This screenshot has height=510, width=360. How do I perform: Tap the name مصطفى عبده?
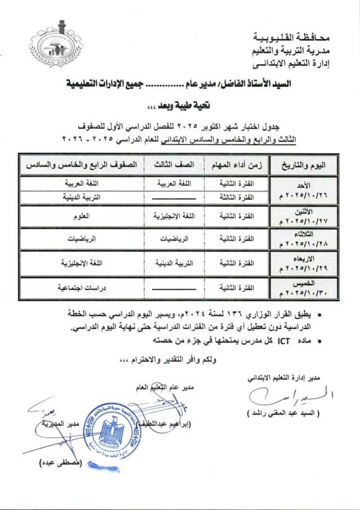tap(58, 463)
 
